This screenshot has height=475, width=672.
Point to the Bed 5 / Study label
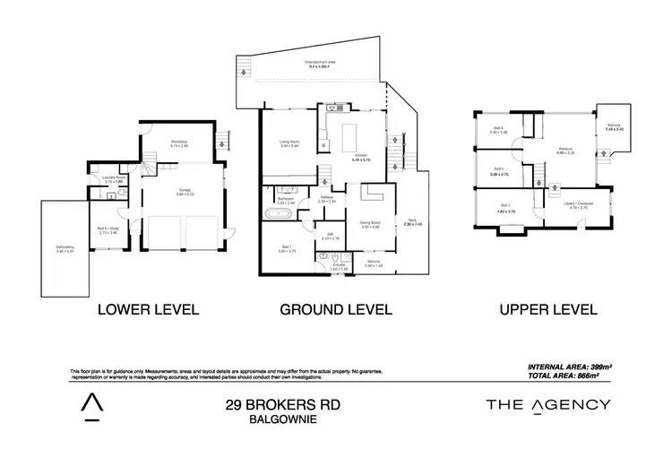pyautogui.click(x=108, y=230)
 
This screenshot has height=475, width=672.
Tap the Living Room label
pyautogui.click(x=289, y=143)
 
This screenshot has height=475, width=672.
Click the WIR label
pyautogui.click(x=329, y=237)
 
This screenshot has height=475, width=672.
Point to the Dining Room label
pyautogui.click(x=369, y=224)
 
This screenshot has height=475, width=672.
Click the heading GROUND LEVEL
pyautogui.click(x=336, y=310)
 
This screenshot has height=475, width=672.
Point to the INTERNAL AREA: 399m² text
pyautogui.click(x=565, y=367)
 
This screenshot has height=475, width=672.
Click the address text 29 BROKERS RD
pyautogui.click(x=282, y=406)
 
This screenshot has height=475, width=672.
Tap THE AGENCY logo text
pyautogui.click(x=547, y=405)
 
